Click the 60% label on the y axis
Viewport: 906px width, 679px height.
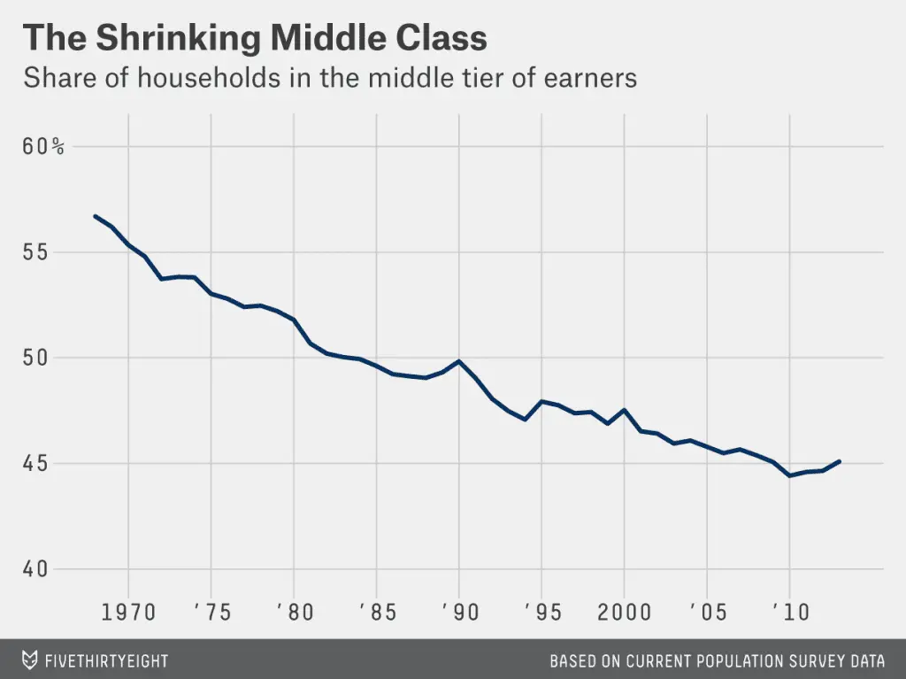(43, 147)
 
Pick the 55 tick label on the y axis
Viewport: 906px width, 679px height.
(35, 252)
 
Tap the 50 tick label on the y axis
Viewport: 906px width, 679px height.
(35, 358)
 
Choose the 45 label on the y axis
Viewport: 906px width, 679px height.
(35, 464)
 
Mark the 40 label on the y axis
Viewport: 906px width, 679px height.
(35, 569)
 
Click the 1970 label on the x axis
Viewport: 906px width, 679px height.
(128, 612)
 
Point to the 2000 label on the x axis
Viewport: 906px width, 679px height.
(625, 612)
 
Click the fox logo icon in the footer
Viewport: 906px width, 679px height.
(29, 660)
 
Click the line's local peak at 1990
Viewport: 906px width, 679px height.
(459, 361)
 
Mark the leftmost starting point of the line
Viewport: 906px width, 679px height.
(95, 216)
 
